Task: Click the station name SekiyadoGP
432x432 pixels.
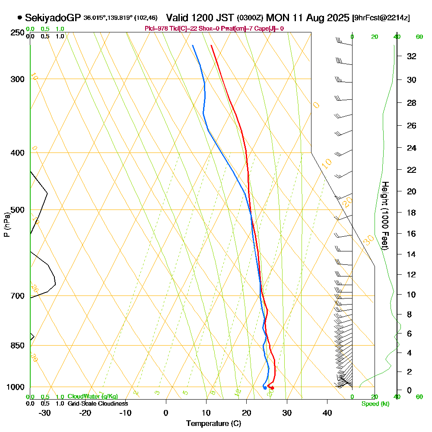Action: [53, 18]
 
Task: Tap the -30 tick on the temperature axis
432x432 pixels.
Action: [45, 413]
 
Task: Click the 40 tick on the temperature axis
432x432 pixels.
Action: [327, 413]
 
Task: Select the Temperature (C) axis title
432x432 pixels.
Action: [213, 424]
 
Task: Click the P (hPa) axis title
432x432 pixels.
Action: [7, 225]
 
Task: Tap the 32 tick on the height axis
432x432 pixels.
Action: [412, 56]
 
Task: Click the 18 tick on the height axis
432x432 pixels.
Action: [412, 213]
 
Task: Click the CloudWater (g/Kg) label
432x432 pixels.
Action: [92, 397]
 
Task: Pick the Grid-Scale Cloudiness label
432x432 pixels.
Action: [97, 403]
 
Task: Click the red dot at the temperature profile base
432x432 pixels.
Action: [272, 388]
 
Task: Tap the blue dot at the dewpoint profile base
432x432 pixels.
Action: [265, 388]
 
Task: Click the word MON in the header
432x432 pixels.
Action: [276, 18]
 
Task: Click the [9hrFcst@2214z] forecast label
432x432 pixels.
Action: [381, 18]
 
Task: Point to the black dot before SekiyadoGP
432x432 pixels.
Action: [19, 18]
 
